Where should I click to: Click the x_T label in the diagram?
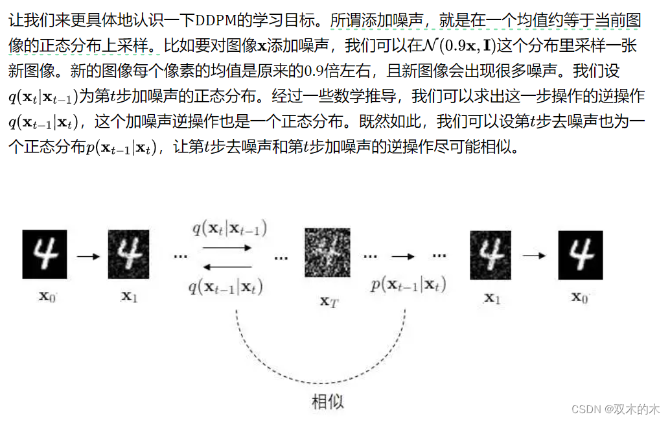[x=329, y=300]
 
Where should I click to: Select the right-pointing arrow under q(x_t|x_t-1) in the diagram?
[x=227, y=247]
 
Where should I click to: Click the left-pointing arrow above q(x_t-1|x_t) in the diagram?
[x=227, y=266]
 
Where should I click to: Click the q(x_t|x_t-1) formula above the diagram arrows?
[x=229, y=228]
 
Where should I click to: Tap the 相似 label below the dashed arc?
[x=328, y=402]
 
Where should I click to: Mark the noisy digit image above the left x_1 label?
[x=129, y=254]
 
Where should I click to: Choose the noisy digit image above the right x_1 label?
[x=491, y=254]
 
